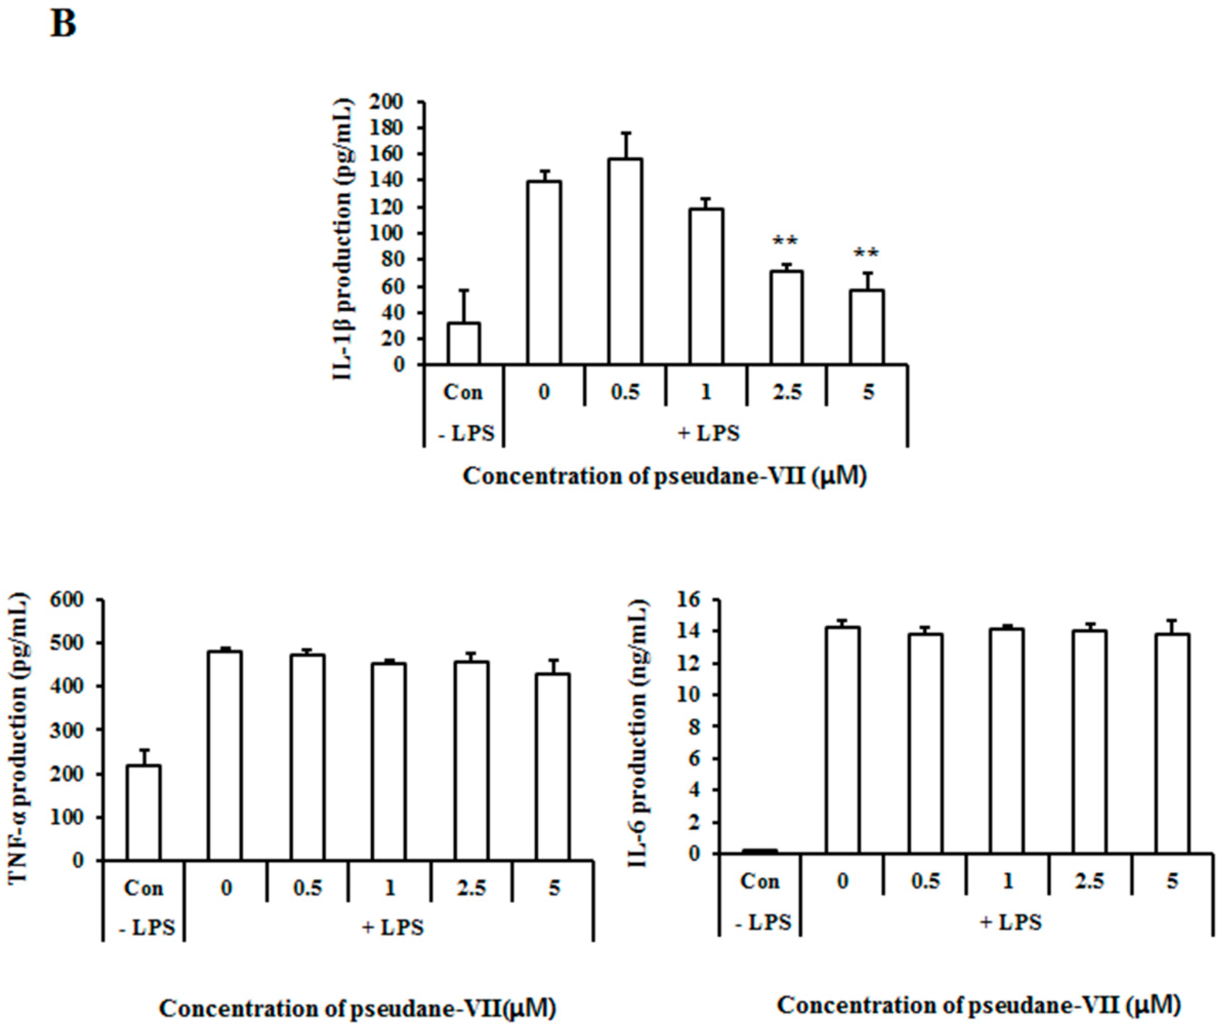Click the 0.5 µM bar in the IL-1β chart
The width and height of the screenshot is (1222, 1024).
pos(625,262)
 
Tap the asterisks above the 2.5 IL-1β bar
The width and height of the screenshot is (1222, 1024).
pos(786,241)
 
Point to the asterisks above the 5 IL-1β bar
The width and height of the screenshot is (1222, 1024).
pos(866,254)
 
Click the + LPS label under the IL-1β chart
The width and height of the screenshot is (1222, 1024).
pos(709,433)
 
